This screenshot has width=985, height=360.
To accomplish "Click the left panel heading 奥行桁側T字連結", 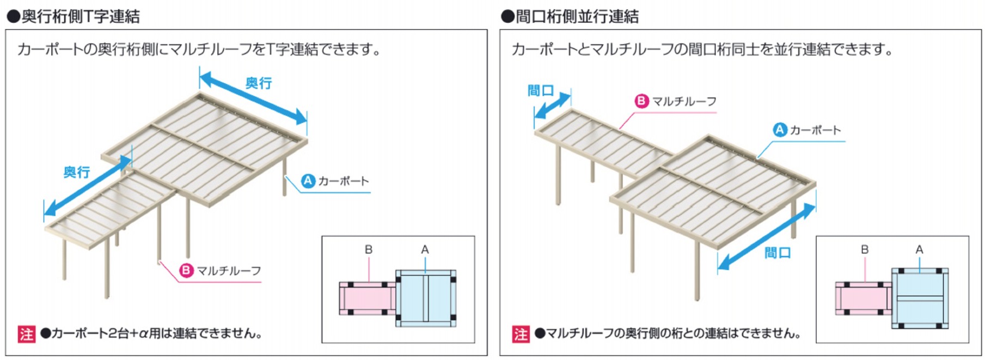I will tap(80, 16).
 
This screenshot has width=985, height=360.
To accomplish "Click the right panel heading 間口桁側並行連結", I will tap(577, 16).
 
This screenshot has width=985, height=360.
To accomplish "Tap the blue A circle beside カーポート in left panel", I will tap(308, 180).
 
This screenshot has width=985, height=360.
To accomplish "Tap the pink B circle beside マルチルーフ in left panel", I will tap(187, 270).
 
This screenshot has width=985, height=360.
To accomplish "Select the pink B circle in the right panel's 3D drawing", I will tap(642, 101).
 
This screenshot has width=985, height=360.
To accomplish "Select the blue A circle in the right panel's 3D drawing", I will tap(780, 130).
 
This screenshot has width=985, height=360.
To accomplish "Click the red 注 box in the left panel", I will tap(26, 333).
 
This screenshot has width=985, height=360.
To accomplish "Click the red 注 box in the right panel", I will tap(520, 333).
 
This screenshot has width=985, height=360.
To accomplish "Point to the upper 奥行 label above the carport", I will tap(258, 83).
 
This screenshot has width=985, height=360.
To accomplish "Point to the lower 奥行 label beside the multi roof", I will tap(76, 172).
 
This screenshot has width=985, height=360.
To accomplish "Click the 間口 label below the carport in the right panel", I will tap(777, 252).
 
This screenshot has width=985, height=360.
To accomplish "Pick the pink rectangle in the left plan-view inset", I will tap(368, 298).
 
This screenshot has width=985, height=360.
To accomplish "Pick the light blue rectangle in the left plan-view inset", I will tap(426, 298).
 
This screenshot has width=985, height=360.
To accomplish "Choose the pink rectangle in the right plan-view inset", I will tap(863, 298).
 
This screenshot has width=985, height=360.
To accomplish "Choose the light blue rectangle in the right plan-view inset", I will tap(920, 298).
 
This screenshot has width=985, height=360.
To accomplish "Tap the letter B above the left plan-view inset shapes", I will tap(369, 249).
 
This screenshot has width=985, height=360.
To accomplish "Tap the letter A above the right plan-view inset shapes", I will tap(919, 249).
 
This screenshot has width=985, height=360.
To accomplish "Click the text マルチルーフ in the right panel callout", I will tap(684, 101).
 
